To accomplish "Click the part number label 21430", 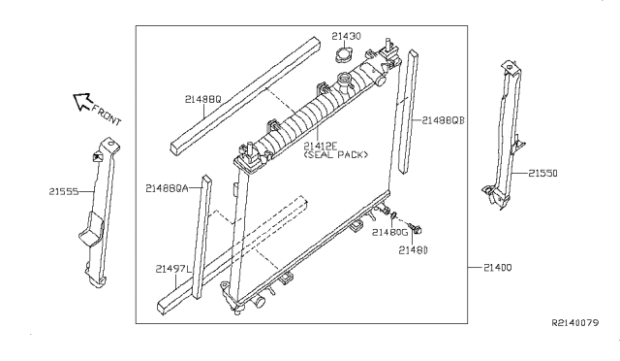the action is tap(346, 36).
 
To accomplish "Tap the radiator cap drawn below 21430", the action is tap(344, 54).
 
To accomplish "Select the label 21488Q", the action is tap(202, 99).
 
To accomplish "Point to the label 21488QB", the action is tap(443, 120).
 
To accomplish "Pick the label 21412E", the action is tap(321, 147).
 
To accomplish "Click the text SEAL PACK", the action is tap(336, 154).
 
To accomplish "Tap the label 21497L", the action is tap(173, 269).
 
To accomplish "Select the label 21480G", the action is tap(389, 232).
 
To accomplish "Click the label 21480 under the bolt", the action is tap(414, 250).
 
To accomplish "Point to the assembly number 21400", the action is tap(497, 268).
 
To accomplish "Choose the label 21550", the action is tap(542, 173).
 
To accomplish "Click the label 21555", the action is tap(64, 192).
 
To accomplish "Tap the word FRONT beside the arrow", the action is tap(107, 115).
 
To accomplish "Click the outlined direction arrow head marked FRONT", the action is tap(82, 102).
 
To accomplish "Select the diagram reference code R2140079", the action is tap(575, 322).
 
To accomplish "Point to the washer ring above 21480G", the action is tap(394, 215).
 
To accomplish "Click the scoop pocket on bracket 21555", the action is tap(91, 229).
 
